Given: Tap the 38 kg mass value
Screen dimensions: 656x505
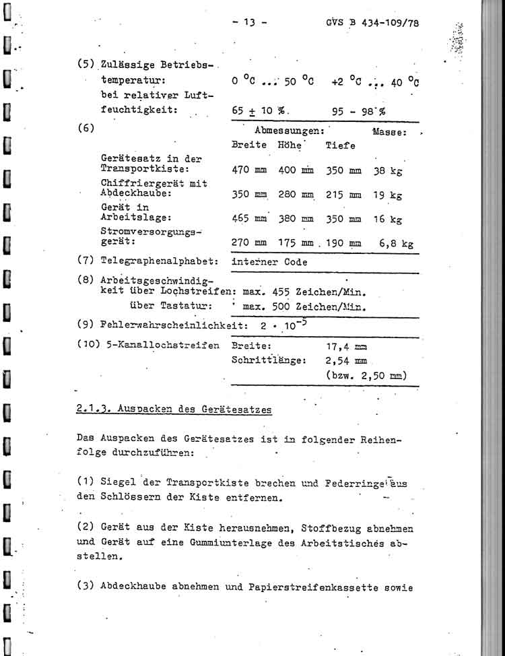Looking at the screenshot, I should [x=387, y=171].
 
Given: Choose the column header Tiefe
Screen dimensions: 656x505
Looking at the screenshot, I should [x=341, y=145].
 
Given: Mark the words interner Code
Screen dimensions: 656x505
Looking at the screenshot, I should [x=269, y=263].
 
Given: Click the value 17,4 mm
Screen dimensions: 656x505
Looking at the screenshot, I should [x=346, y=348].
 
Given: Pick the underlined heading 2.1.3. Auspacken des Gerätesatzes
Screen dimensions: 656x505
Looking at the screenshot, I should [x=174, y=408].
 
